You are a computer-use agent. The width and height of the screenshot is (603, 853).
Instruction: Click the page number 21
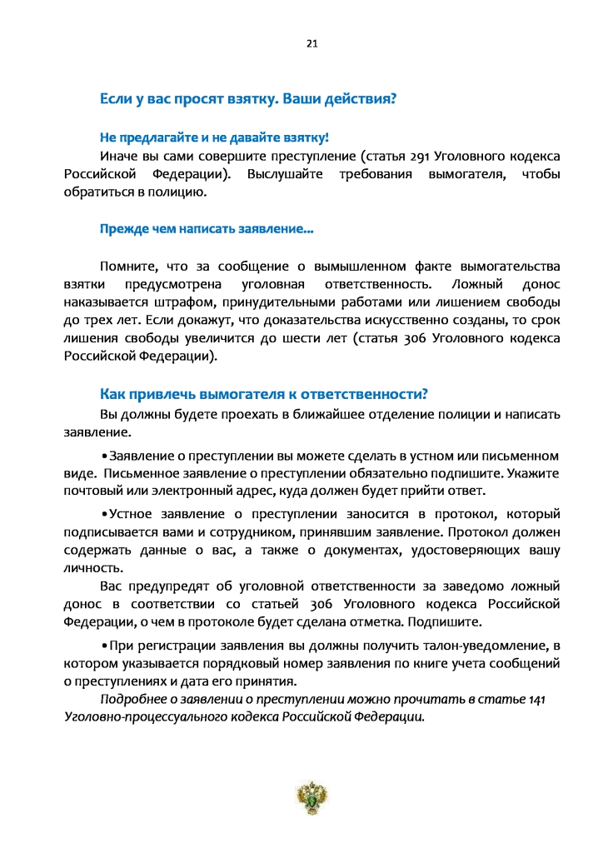pyautogui.click(x=313, y=43)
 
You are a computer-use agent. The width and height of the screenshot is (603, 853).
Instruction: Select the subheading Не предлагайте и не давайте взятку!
pyautogui.click(x=215, y=137)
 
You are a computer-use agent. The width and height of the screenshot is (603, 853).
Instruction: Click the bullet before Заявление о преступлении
pyautogui.click(x=104, y=456)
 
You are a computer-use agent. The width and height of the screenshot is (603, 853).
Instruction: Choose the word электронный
pyautogui.click(x=225, y=491)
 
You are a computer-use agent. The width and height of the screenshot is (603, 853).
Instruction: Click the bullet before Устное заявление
pyautogui.click(x=104, y=513)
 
